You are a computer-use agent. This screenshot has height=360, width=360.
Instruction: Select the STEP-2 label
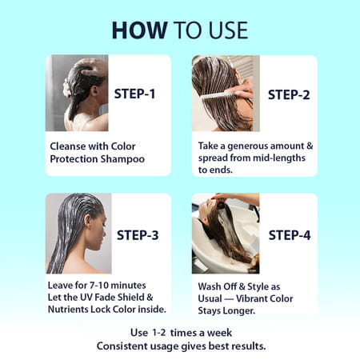pos(289,94)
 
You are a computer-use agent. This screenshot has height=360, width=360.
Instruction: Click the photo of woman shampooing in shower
pos(77,94)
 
